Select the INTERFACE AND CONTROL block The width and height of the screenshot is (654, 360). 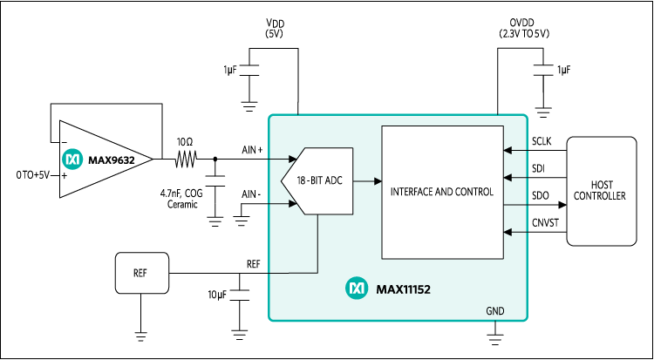[x=442, y=191]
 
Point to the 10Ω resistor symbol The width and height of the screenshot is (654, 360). [x=185, y=160]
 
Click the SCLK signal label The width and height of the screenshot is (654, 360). [x=542, y=141]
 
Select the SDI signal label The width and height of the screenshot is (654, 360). [x=538, y=167]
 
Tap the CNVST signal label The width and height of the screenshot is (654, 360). [x=544, y=224]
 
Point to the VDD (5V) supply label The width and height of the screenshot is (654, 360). [x=276, y=28]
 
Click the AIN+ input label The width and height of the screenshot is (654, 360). [x=253, y=150]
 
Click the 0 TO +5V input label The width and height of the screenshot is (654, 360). [x=32, y=175]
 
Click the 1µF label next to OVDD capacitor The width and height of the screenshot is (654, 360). [x=564, y=70]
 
